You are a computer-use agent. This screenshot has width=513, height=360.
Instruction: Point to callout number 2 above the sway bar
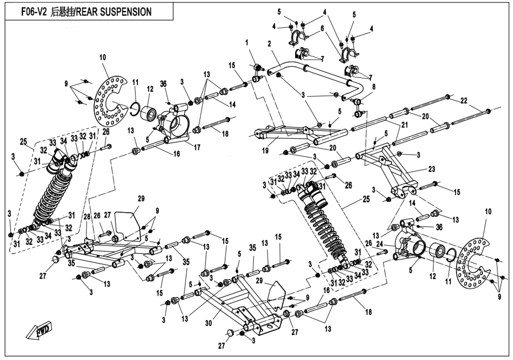click(x=270, y=44)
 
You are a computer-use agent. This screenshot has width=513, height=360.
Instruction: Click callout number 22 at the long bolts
click(x=463, y=101)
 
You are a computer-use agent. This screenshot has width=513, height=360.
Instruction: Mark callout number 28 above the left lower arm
click(x=86, y=216)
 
